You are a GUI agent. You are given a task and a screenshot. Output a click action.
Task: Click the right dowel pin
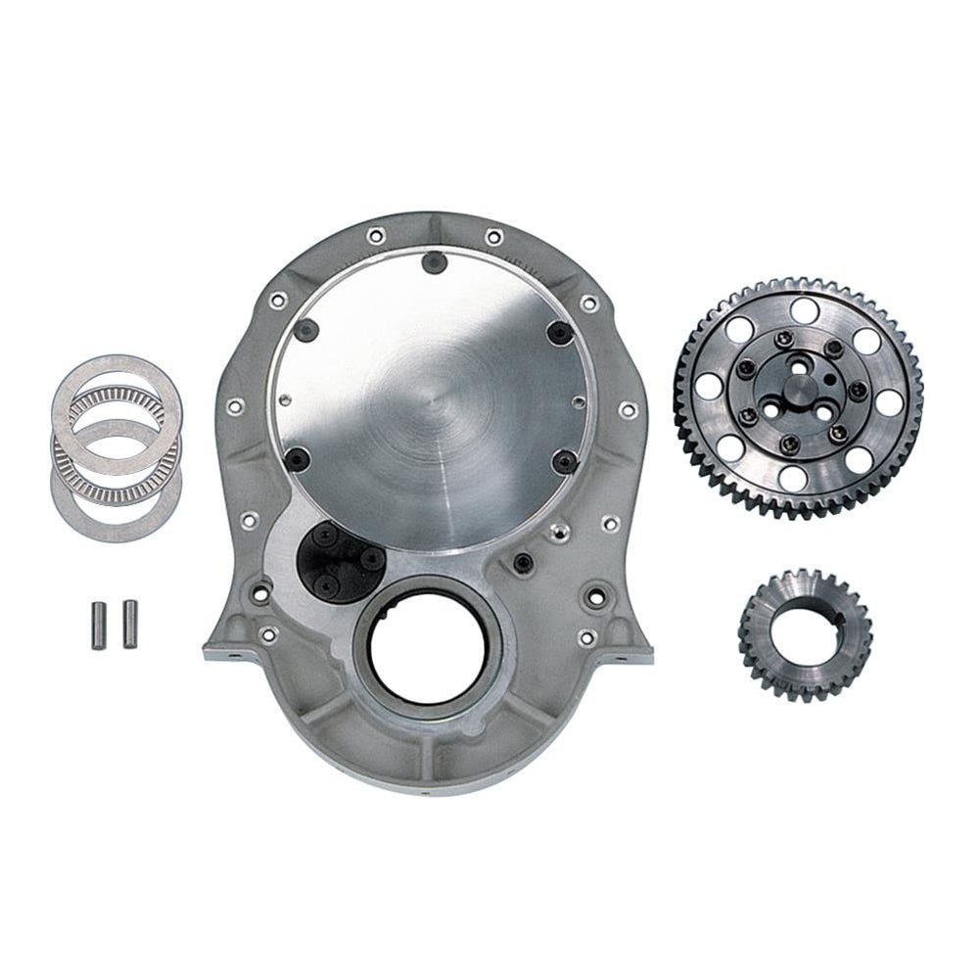(x=128, y=620)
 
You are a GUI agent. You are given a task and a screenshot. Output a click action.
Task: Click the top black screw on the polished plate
(x=431, y=261)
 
